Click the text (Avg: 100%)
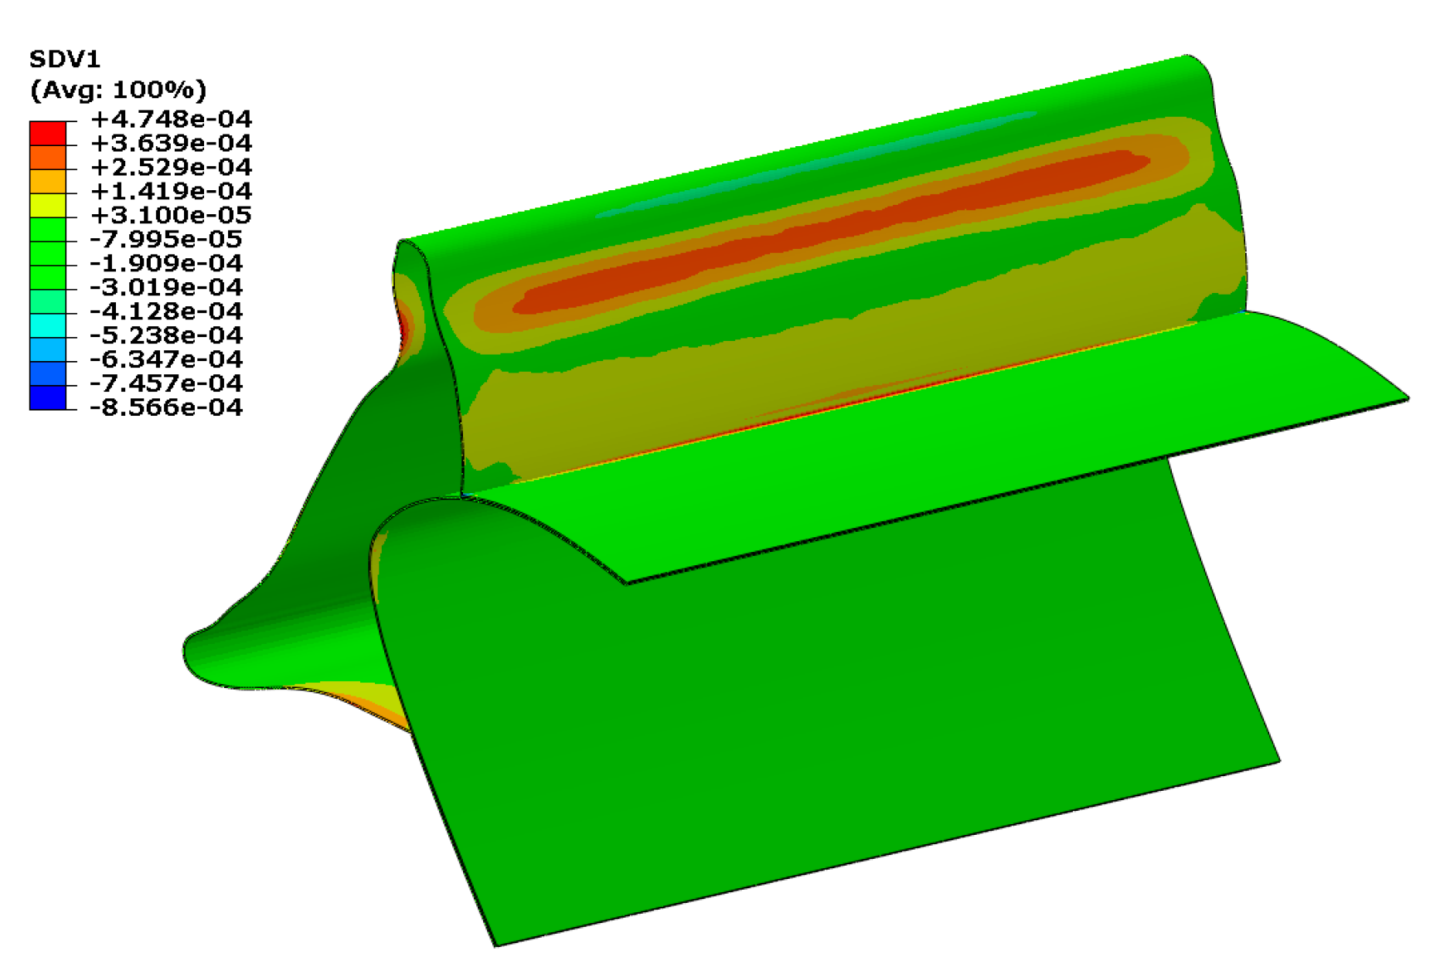tap(118, 90)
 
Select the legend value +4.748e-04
tap(172, 119)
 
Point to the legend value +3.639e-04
tap(172, 143)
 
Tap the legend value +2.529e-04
tap(172, 167)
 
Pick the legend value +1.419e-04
tap(172, 191)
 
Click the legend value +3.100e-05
tap(172, 215)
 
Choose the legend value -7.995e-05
tap(167, 239)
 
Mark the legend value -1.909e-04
tap(167, 263)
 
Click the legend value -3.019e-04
tap(167, 287)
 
